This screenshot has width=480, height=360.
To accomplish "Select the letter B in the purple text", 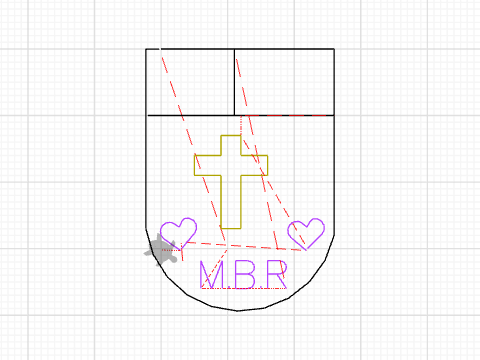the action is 246,275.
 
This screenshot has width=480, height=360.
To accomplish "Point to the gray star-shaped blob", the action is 161,250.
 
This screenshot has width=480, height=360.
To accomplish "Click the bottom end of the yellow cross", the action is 231,228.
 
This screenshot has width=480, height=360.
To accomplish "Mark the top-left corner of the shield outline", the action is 146,49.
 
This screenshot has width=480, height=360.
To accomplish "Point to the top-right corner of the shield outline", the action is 334,49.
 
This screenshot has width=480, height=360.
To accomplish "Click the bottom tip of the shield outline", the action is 237,311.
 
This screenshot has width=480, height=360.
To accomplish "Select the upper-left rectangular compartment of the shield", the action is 190,82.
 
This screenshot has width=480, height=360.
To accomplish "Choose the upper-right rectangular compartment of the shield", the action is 284,82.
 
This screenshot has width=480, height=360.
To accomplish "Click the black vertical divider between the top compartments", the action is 234,82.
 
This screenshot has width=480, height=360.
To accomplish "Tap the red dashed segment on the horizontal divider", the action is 286,116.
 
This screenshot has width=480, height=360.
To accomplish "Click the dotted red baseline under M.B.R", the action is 244,288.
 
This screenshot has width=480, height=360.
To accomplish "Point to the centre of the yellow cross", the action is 231,165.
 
